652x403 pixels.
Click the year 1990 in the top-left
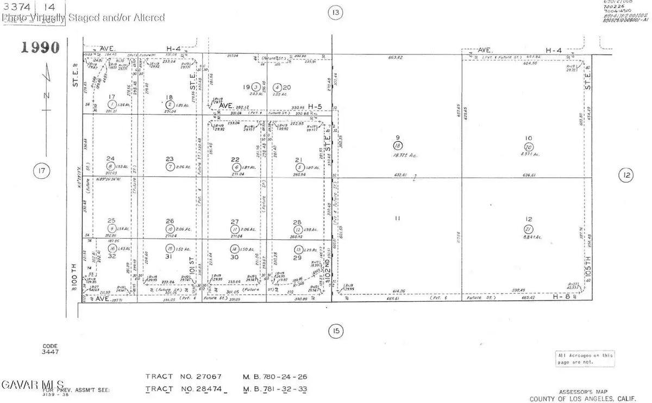click(40, 47)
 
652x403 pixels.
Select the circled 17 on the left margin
click(40, 172)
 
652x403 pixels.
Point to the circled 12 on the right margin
click(626, 175)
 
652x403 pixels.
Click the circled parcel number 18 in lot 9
click(398, 146)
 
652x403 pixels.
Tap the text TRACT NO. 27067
click(182, 376)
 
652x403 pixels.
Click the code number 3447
click(50, 352)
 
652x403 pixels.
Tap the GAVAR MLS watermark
click(33, 385)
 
